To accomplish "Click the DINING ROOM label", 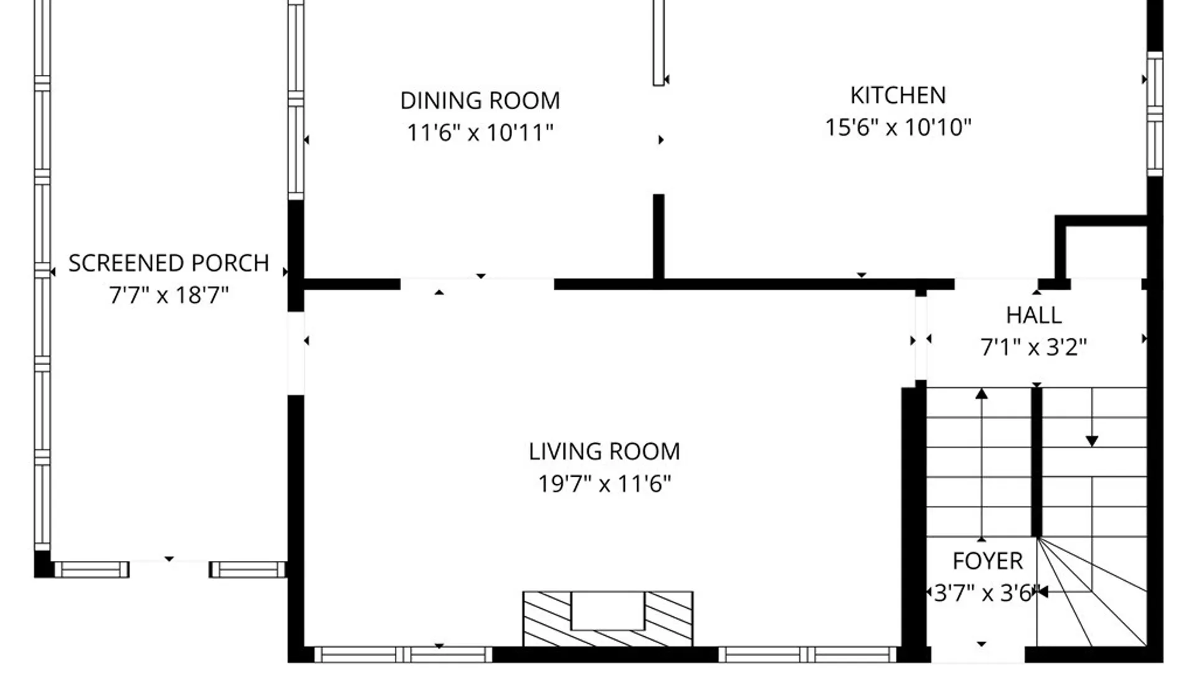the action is coord(480,100).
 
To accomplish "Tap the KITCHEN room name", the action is coord(898,95).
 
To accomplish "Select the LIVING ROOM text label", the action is coord(604,451).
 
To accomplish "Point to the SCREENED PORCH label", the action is coord(169,263).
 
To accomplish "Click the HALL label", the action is coord(1033,315).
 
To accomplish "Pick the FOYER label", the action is coord(987,561).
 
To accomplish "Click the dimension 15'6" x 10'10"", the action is coord(898,127).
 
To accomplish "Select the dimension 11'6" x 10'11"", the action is coord(480,132).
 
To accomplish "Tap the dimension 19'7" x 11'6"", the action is coord(604,483).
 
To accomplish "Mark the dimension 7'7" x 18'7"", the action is coord(169,295).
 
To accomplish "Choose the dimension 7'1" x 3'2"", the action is coord(1033,347).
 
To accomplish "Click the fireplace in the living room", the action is coord(607,619).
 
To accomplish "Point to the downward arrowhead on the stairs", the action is coord(1092,441).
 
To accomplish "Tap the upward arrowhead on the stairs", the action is coord(982,393).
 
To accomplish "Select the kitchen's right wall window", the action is coord(1155,114).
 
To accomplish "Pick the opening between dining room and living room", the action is coord(477,284).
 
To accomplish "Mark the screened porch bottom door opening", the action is coord(169,569).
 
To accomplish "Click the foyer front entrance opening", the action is coord(978,654).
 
